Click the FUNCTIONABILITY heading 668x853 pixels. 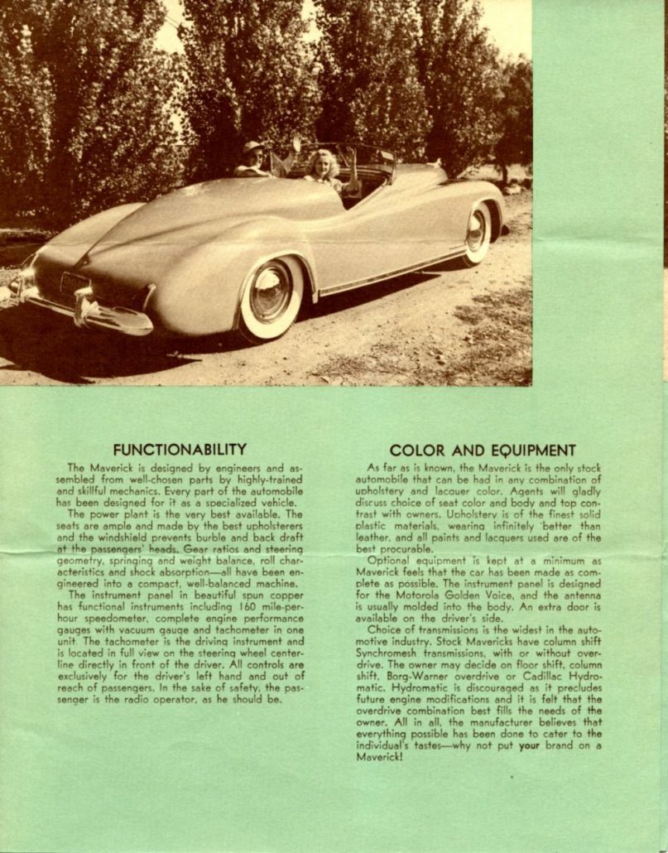(x=180, y=450)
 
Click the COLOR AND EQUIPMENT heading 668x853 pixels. (x=483, y=451)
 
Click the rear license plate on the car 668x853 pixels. (x=74, y=284)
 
